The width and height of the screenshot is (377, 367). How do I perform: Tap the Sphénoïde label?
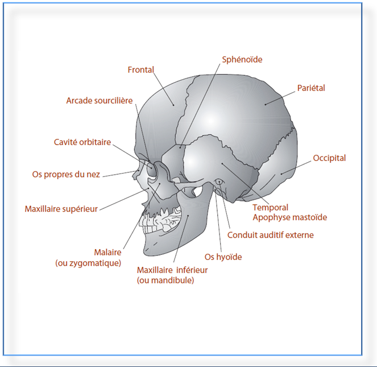click(242, 59)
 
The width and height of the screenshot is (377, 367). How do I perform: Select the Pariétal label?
click(311, 88)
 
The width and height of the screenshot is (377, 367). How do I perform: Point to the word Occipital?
click(329, 158)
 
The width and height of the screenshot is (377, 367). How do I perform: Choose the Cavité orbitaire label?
click(82, 142)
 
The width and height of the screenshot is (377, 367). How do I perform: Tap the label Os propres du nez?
click(66, 175)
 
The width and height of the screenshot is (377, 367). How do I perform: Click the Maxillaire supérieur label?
click(61, 209)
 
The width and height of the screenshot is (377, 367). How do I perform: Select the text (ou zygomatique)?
click(88, 263)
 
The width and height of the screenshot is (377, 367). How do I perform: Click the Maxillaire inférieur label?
click(172, 270)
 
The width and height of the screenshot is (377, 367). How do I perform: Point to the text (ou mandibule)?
click(165, 281)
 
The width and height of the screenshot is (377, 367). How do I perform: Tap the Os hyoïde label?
click(223, 257)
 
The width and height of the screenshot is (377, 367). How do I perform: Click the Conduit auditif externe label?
click(270, 234)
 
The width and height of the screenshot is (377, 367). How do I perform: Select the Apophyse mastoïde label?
click(290, 217)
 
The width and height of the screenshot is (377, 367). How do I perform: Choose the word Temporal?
click(271, 208)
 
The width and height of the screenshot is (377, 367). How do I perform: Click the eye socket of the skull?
click(152, 169)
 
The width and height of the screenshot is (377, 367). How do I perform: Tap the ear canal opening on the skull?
click(218, 182)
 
